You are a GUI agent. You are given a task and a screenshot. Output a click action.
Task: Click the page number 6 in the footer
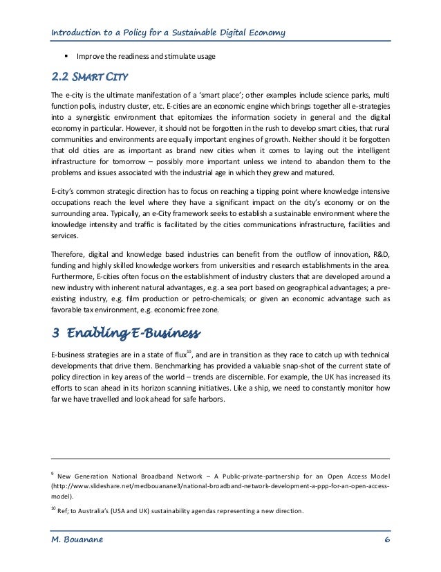pyautogui.click(x=386, y=540)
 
